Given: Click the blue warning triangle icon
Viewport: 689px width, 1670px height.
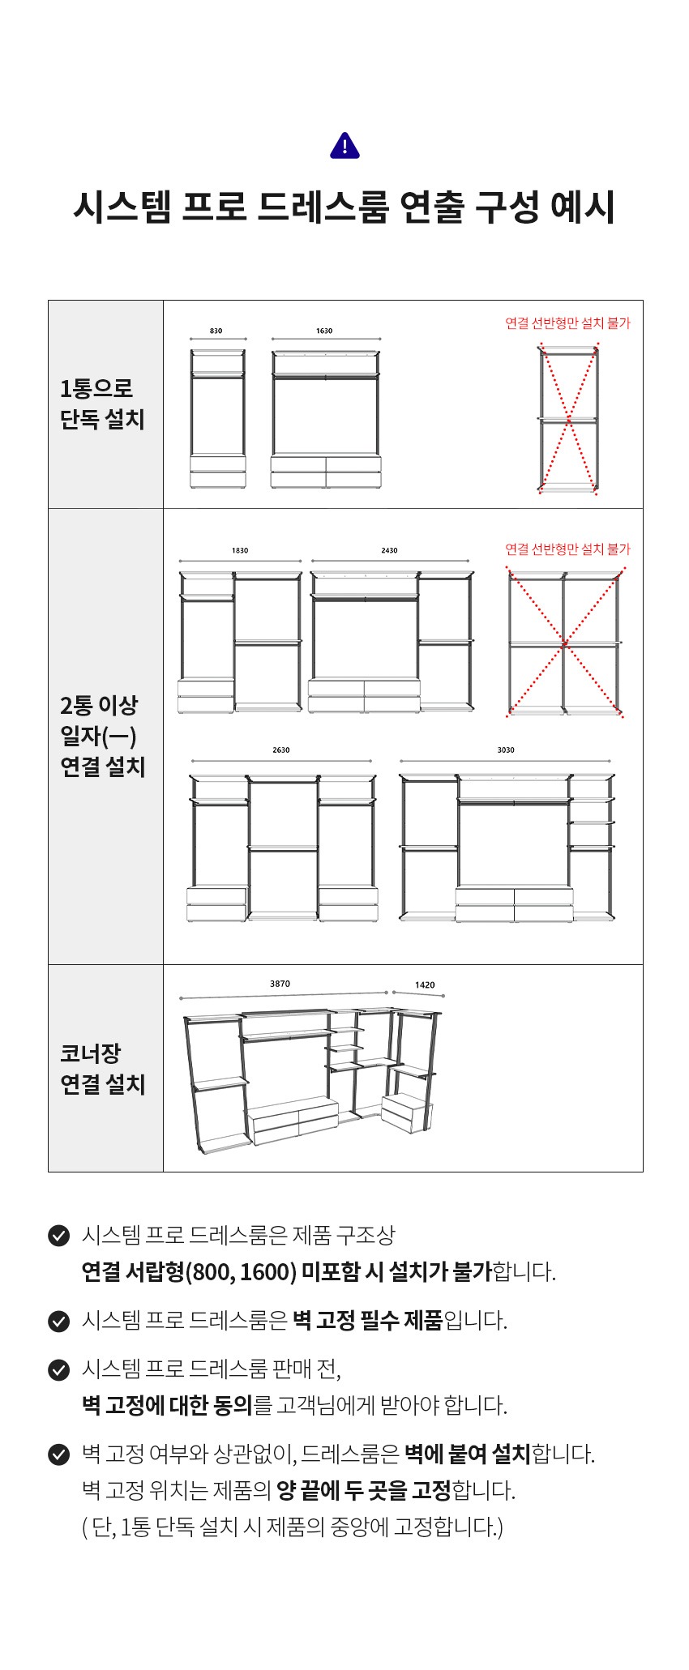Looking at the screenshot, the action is click(344, 146).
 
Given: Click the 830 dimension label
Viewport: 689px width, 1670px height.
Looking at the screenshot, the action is click(216, 331).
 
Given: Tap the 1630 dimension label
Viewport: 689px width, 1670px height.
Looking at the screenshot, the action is click(324, 331).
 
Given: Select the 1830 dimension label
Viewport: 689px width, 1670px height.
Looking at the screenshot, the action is click(240, 550).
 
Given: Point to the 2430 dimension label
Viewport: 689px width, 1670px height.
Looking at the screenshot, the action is click(389, 550).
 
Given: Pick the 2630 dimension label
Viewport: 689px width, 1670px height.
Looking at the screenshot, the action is click(281, 750).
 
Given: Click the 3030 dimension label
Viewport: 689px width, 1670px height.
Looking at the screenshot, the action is click(506, 750).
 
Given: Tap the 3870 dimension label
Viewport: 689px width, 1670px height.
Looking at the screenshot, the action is click(280, 984).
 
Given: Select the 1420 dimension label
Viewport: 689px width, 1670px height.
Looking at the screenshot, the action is click(425, 985).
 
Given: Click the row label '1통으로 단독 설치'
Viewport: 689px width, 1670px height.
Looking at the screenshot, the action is click(102, 404).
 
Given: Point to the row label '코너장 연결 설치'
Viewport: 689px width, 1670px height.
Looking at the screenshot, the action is click(102, 1069).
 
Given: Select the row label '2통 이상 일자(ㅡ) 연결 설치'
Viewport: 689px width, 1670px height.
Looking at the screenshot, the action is click(102, 736).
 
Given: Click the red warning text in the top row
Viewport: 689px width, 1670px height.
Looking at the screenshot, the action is click(567, 322).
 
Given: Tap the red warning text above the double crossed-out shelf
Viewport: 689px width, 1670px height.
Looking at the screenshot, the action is click(567, 549).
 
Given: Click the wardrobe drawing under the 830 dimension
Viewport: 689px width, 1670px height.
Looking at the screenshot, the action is click(217, 418).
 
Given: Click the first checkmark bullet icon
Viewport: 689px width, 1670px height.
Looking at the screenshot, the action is click(58, 1236).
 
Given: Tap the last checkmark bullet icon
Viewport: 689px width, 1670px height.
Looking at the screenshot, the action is click(58, 1454).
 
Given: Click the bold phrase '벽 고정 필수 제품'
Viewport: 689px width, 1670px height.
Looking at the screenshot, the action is click(367, 1321).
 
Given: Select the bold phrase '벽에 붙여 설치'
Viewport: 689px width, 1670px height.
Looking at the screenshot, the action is click(467, 1454).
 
